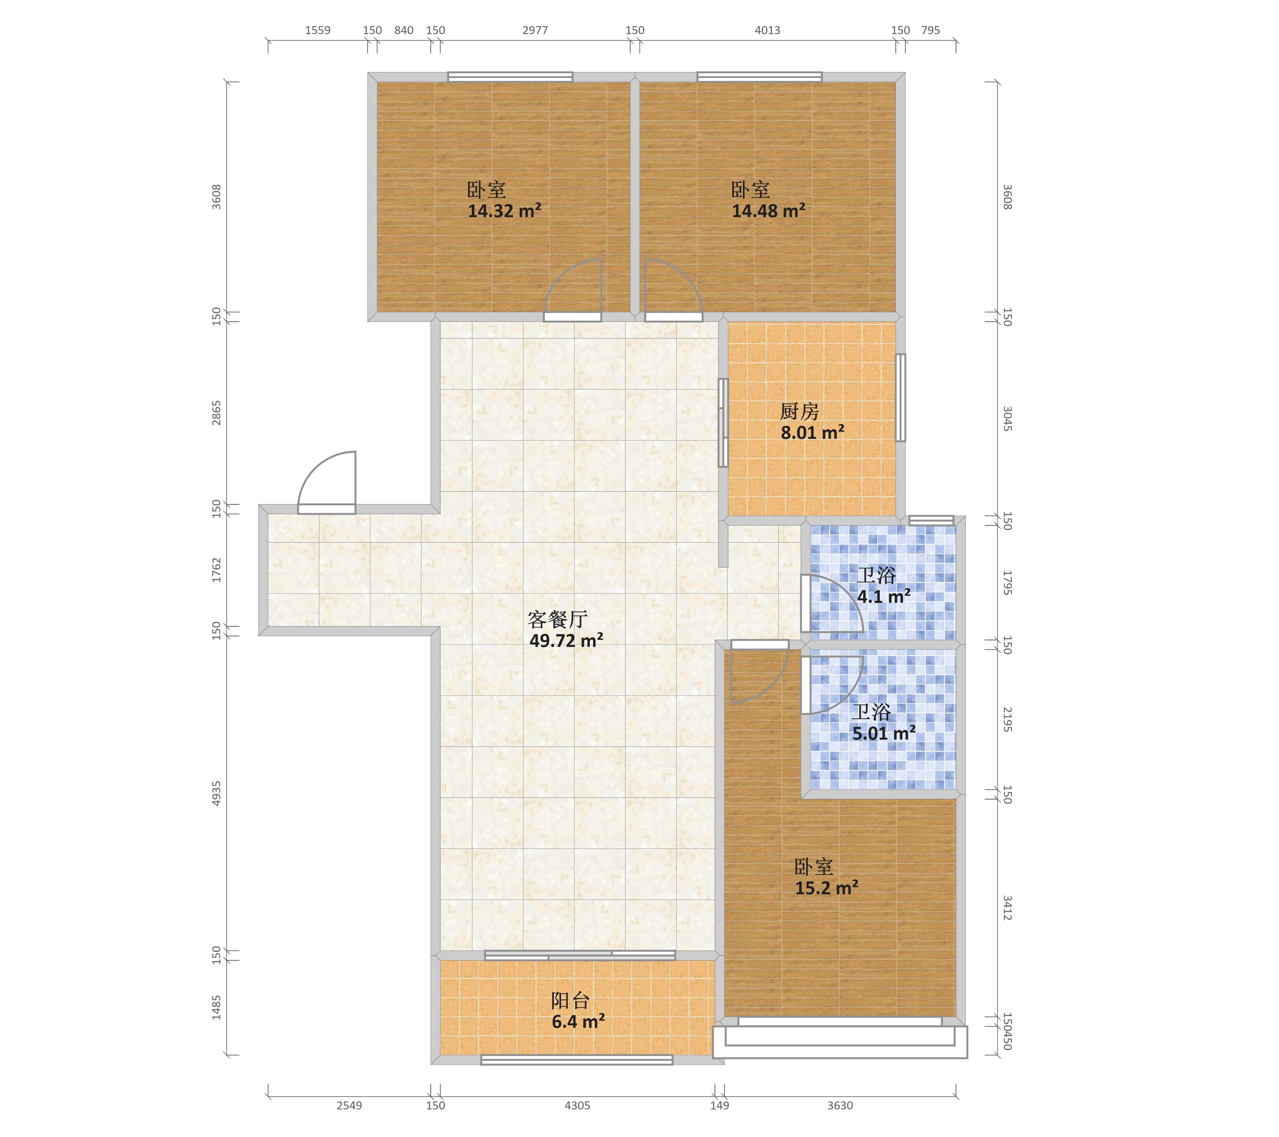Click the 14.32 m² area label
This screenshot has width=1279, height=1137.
click(x=504, y=211)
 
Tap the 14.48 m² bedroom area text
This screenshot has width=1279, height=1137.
click(x=769, y=211)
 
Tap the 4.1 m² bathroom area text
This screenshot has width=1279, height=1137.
click(x=884, y=596)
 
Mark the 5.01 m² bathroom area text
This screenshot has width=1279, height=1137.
click(x=884, y=733)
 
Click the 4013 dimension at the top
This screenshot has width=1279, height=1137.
click(x=767, y=30)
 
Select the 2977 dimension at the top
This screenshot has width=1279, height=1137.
click(x=535, y=30)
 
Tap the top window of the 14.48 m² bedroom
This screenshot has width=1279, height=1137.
click(x=760, y=77)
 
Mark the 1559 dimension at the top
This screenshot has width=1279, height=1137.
click(x=318, y=30)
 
